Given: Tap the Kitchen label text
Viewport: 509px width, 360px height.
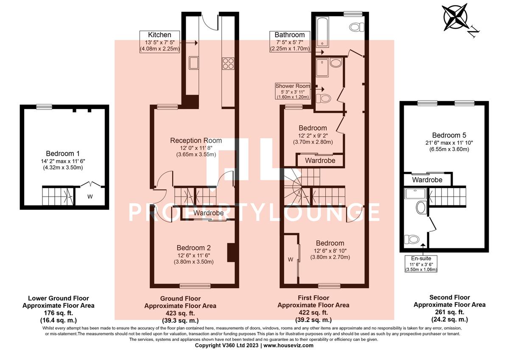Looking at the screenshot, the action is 159,35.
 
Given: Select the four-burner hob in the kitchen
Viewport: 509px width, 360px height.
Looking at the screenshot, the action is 228,63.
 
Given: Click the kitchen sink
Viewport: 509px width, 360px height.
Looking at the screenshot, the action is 193,63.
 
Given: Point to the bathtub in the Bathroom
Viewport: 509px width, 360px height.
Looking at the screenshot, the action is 322,32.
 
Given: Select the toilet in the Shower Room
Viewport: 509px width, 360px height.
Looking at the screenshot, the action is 323,98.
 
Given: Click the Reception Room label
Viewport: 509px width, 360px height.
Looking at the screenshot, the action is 196,141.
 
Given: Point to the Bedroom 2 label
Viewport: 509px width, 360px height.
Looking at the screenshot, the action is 193,247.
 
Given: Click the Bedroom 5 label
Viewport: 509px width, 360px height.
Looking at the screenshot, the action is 449,135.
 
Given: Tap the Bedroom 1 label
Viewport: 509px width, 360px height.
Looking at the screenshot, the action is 63,154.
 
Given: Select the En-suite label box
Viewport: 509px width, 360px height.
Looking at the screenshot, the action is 421,264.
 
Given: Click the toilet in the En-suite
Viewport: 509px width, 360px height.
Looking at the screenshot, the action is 412,239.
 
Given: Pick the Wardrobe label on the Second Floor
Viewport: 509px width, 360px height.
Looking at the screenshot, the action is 427,180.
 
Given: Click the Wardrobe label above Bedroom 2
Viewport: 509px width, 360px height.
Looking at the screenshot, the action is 209,213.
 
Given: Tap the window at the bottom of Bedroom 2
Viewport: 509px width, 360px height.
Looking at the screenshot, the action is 195,286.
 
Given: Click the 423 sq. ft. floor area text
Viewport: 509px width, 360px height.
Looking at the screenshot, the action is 180,313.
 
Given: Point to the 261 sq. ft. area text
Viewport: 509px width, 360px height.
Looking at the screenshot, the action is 450,312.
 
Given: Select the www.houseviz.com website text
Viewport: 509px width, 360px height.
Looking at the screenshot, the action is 288,346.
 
